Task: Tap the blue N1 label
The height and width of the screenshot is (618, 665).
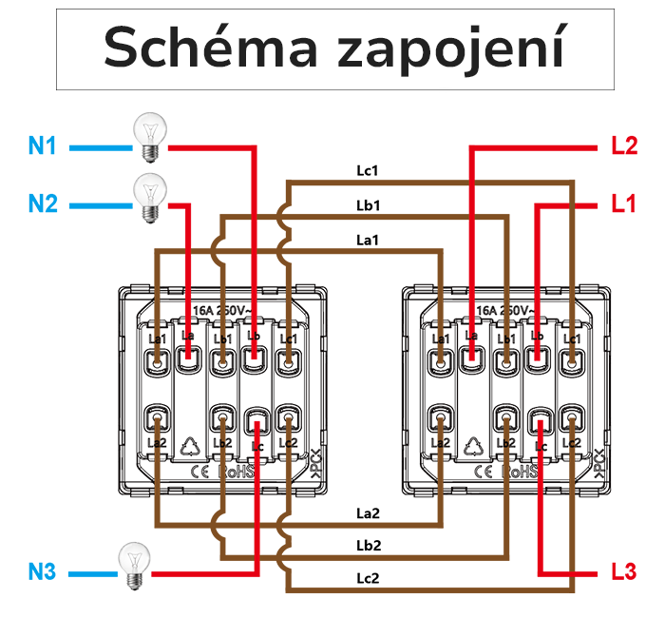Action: click(43, 146)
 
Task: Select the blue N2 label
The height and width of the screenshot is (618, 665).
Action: click(43, 203)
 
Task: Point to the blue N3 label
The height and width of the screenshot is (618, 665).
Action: click(43, 572)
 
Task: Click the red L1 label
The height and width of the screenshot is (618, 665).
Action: click(623, 203)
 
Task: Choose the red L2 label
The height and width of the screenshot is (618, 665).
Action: click(623, 146)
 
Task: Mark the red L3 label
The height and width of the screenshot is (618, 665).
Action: click(623, 572)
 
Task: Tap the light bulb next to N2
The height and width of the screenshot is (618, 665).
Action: click(148, 197)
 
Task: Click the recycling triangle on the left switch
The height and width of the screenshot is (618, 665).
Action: click(189, 443)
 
